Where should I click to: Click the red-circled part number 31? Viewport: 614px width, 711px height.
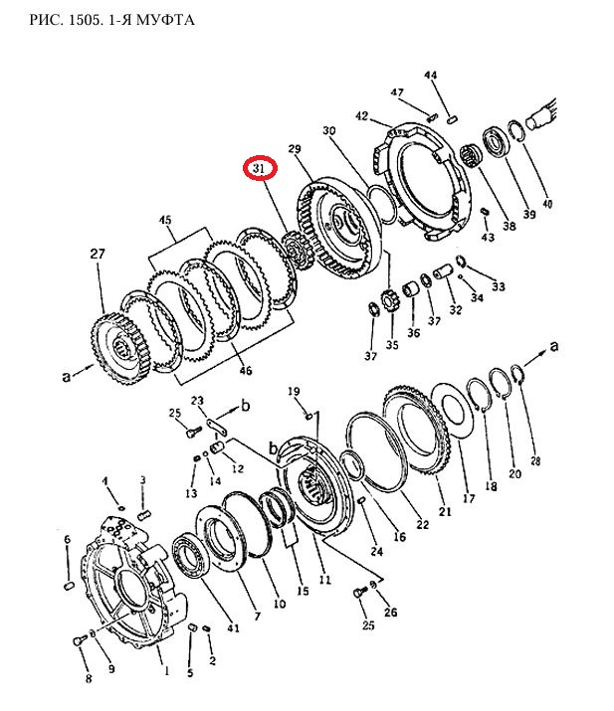click(x=259, y=168)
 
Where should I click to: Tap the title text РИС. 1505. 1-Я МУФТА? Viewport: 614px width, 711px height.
click(x=111, y=20)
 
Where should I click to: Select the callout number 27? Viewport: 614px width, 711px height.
click(x=98, y=253)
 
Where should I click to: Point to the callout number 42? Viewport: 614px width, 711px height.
click(x=361, y=116)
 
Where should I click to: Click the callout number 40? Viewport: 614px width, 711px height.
click(x=547, y=204)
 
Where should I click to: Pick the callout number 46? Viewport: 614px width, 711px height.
click(x=246, y=371)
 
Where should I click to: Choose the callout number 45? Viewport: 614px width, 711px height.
click(x=165, y=220)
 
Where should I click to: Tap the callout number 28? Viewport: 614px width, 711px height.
click(x=535, y=460)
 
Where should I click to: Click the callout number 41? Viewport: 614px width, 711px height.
click(x=233, y=628)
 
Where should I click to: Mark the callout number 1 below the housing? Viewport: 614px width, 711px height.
click(x=166, y=670)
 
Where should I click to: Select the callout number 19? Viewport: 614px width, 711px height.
click(x=294, y=391)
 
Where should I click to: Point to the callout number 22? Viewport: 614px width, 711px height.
click(x=423, y=525)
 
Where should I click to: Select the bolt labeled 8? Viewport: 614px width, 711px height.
click(x=80, y=640)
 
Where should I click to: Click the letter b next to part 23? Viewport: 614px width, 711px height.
click(x=245, y=405)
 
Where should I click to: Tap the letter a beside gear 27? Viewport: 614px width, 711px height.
click(x=67, y=376)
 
